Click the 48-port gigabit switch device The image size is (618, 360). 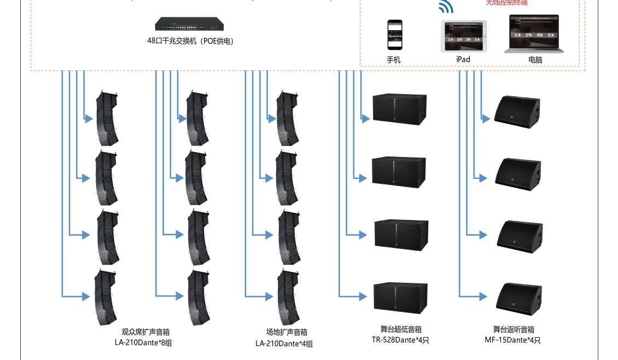coord(189,25)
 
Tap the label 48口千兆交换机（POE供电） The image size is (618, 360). coord(190,41)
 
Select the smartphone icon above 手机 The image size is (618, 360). coord(395,35)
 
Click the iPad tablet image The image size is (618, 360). coord(464,37)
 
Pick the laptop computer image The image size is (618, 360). coord(534,34)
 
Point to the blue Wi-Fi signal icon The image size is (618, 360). coord(446,7)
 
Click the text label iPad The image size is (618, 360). coord(463,59)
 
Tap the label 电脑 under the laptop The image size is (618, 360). coord(535,60)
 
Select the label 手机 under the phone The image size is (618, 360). coord(394,60)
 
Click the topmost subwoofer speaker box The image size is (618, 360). coord(399,109)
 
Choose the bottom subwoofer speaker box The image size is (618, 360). coord(400,298)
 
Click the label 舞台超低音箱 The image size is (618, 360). coord(401,329)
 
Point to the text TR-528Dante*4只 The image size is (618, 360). coord(401,340)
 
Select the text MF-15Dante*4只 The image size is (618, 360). coord(513,340)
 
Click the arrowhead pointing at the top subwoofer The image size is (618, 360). coord(366,118)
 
